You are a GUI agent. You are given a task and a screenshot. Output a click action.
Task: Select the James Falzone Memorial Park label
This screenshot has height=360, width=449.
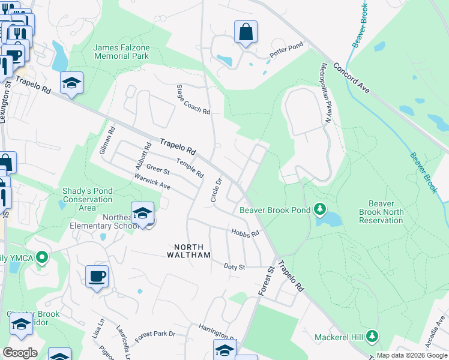coord(121,52)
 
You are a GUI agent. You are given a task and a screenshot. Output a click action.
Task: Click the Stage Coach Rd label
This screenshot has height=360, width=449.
coord(193,100)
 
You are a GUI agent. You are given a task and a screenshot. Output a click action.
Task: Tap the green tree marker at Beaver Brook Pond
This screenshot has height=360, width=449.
coord(321,209)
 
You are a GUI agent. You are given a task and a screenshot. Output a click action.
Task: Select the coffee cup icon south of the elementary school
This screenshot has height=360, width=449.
coord(97,277)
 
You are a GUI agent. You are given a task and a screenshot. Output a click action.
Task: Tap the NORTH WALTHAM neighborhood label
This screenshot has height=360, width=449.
coord(193,250)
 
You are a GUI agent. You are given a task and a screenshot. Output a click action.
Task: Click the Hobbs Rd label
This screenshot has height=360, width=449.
coord(245,233)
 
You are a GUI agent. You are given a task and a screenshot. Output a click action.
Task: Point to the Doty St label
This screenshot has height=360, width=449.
coord(235,266)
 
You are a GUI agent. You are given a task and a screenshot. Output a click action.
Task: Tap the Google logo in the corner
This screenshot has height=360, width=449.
coord(20,353)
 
